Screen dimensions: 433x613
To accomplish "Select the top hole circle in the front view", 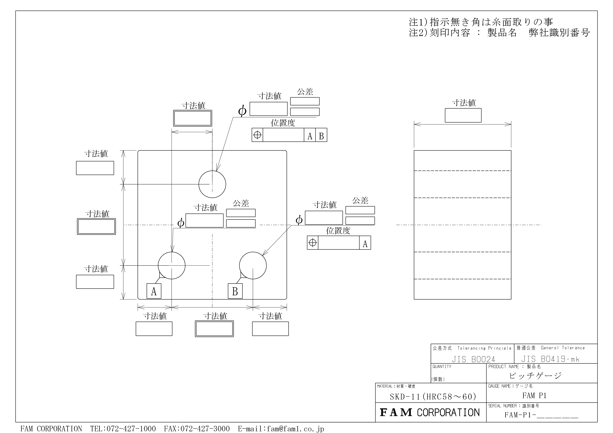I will click(212, 184).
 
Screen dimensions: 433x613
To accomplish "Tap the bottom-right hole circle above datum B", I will click(253, 265).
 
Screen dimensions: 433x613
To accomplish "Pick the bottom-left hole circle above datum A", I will click(171, 265).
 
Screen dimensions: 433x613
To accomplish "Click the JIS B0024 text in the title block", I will click(473, 359).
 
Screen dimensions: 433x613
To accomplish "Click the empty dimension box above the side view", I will click(463, 115).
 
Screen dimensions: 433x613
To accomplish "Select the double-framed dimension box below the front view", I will click(214, 329).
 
